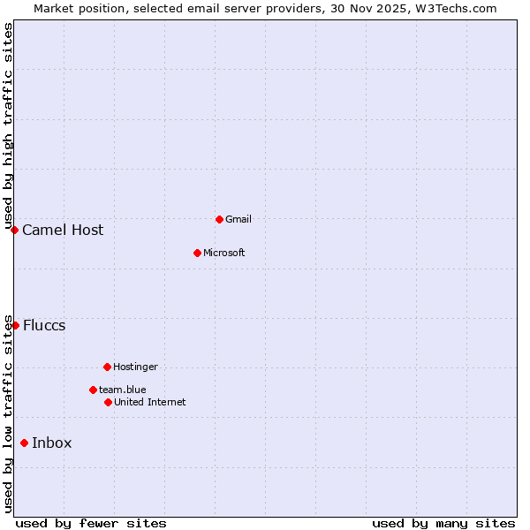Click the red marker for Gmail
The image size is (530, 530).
point(219,219)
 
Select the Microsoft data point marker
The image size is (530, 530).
point(198,253)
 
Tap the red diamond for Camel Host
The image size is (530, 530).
point(15,231)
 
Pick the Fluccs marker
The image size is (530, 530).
point(15,325)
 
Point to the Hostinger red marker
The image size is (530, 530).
point(107,367)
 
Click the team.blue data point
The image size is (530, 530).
point(93,390)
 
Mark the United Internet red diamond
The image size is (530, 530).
point(108,402)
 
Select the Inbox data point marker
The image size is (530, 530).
point(24,443)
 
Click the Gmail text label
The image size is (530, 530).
point(238,219)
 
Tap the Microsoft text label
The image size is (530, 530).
point(223,253)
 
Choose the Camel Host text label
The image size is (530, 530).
point(63,231)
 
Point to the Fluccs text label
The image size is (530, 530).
point(44,325)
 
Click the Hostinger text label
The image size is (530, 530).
point(135,367)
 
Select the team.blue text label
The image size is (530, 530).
point(123,390)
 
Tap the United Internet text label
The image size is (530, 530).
point(149,402)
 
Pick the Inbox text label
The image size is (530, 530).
point(52,443)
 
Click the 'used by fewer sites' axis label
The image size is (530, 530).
point(91,523)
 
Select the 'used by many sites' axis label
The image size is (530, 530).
point(443,523)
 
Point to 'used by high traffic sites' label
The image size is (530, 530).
point(9,125)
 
